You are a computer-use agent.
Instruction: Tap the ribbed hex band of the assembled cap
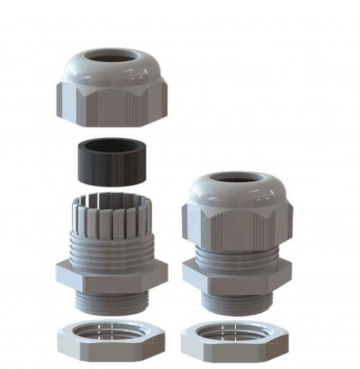(237, 224)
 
